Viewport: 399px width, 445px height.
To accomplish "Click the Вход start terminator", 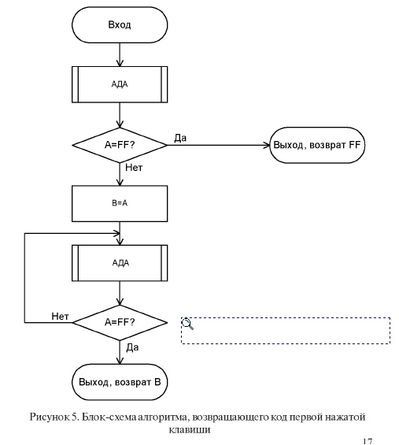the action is click(x=120, y=25).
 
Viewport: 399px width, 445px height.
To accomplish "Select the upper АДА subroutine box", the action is click(x=120, y=84).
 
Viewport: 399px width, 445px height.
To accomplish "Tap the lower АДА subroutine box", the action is click(x=120, y=263).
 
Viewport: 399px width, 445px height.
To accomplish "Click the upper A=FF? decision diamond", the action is click(x=120, y=145).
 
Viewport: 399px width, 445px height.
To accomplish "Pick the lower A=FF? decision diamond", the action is click(x=120, y=322).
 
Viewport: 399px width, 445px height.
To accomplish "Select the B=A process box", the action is click(x=120, y=203).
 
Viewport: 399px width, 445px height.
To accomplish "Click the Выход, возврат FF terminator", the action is click(x=317, y=145).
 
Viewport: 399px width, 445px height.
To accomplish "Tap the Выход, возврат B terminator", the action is click(x=120, y=382).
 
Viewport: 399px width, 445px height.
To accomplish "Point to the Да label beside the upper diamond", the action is click(x=180, y=138).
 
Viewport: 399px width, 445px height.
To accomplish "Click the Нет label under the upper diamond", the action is click(x=134, y=168).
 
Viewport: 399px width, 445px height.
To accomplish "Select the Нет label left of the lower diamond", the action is click(x=60, y=316).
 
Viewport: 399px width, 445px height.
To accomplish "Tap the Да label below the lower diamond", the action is click(x=132, y=347).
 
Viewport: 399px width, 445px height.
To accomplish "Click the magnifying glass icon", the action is click(x=187, y=324).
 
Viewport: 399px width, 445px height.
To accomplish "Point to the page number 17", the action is click(x=368, y=442).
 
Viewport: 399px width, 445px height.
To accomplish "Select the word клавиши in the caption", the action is click(x=190, y=430).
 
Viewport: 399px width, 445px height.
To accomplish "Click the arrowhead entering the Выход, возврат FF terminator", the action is click(x=267, y=145).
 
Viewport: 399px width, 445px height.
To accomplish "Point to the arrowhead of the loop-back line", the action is click(x=116, y=234).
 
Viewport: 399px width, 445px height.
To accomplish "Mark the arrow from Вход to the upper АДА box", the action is click(x=120, y=55).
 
